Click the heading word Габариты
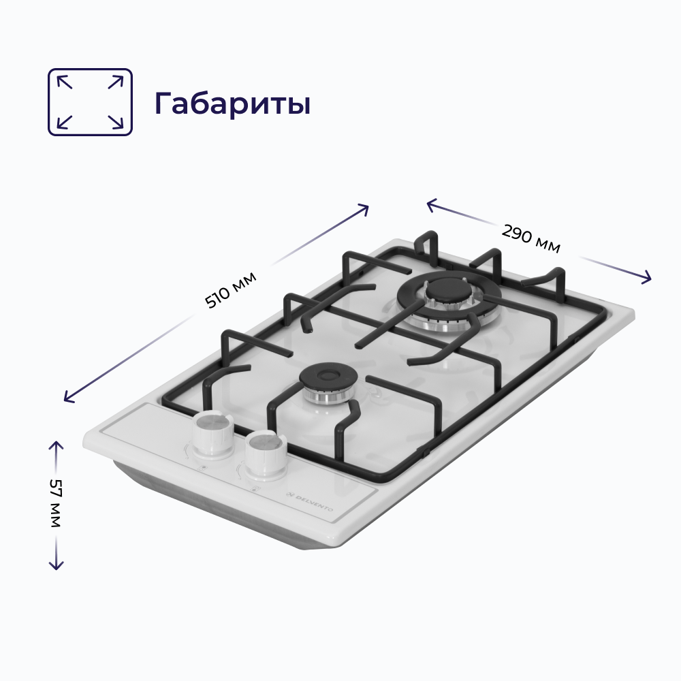pyautogui.click(x=232, y=104)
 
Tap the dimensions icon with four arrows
pyautogui.click(x=89, y=102)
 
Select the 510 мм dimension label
pyautogui.click(x=231, y=290)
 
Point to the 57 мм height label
pyautogui.click(x=55, y=504)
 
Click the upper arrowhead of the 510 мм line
pyautogui.click(x=365, y=207)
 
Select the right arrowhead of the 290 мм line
pyautogui.click(x=647, y=279)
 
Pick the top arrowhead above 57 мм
pyautogui.click(x=56, y=445)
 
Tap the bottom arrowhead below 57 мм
pyautogui.click(x=56, y=566)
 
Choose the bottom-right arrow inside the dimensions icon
pyautogui.click(x=116, y=123)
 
